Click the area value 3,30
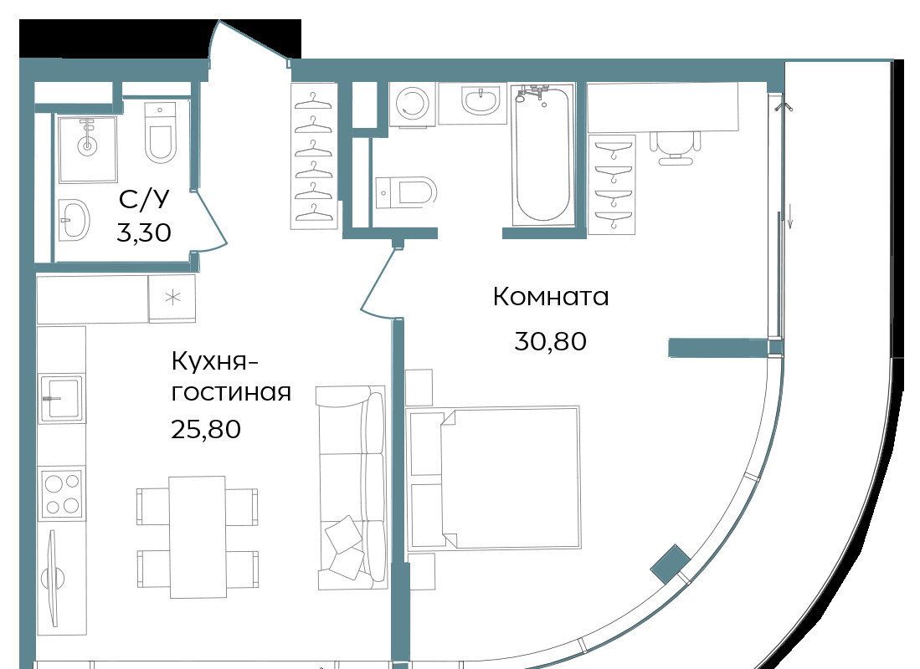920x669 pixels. (x=144, y=232)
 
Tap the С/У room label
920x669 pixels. (x=144, y=199)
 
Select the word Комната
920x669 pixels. (x=550, y=297)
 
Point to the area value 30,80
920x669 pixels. (x=550, y=341)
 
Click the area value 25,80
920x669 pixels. (x=206, y=429)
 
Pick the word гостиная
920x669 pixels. (x=231, y=392)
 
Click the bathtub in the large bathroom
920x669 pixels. (x=542, y=155)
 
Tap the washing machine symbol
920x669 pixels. (x=413, y=104)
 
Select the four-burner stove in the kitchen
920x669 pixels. (x=62, y=493)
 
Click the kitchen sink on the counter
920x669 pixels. (x=62, y=398)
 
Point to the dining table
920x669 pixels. (x=198, y=537)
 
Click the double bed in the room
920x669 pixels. (x=494, y=477)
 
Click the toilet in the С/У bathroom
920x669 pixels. (x=160, y=133)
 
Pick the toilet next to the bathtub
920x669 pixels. (x=406, y=192)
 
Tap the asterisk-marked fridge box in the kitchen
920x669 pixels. (x=172, y=298)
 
